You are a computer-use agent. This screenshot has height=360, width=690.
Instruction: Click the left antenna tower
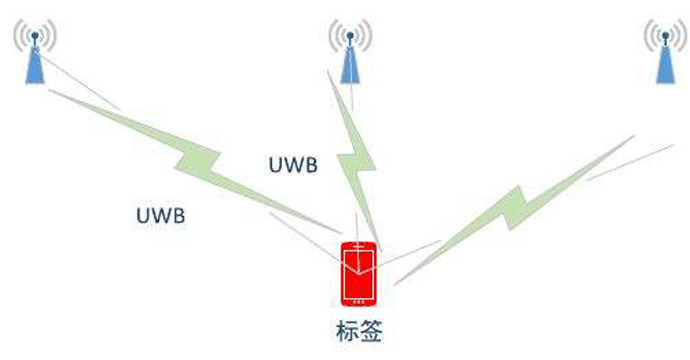click(35, 55)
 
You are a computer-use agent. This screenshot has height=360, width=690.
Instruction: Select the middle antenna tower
click(349, 55)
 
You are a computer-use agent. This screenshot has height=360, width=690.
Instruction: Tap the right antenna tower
click(663, 55)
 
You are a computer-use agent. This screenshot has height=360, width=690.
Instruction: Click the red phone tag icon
click(359, 273)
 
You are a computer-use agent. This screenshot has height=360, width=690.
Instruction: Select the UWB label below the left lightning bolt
click(160, 214)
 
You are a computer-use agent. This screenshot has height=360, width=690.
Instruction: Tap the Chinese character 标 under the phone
click(346, 330)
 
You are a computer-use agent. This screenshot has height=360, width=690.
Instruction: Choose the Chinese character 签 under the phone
click(371, 330)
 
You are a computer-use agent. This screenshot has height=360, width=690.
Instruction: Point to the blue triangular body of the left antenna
click(35, 68)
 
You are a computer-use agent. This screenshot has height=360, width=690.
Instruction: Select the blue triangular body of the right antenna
click(663, 68)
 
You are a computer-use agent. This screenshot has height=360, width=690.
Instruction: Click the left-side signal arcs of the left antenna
click(19, 35)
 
